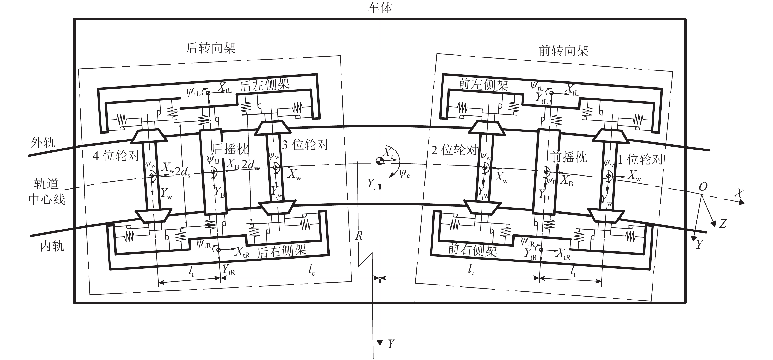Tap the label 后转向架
tap(211, 48)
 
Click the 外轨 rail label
tap(43, 142)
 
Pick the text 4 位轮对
tap(116, 156)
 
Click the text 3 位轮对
tap(305, 145)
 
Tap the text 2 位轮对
tap(454, 150)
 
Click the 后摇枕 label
tap(231, 149)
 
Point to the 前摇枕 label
tap(569, 157)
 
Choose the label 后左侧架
tap(265, 85)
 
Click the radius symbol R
tap(359, 236)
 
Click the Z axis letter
tap(723, 223)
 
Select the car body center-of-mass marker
tap(380, 161)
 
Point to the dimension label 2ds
tap(182, 172)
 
